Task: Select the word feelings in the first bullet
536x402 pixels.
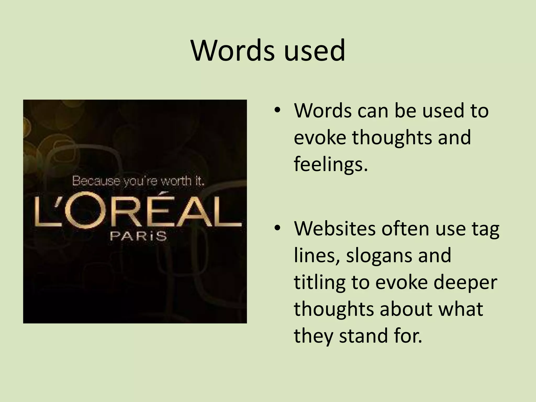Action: point(331,164)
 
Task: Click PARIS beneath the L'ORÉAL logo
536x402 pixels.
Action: point(138,236)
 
